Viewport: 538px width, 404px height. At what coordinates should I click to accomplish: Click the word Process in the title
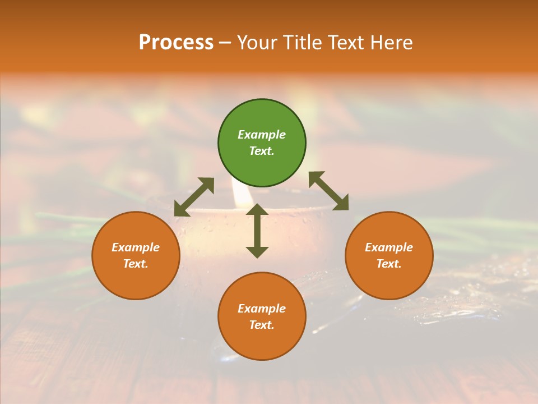pos(176,43)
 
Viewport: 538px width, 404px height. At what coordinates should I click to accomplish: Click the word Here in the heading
pos(392,43)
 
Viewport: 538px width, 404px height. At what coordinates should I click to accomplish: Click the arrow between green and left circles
pos(194,197)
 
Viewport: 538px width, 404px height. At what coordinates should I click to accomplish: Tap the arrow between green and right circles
pos(328,191)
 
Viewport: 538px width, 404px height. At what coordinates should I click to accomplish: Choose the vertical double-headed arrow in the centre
pos(257,231)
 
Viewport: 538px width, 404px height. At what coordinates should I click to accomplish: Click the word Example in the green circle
pos(262,135)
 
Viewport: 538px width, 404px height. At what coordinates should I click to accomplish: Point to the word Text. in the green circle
pos(262,151)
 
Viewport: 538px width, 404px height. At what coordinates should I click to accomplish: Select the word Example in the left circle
pos(136,247)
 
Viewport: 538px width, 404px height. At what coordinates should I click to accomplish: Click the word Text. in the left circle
pos(136,264)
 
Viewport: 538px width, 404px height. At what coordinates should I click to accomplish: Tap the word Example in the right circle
pos(389,247)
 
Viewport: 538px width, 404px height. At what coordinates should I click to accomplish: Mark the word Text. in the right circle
pos(389,264)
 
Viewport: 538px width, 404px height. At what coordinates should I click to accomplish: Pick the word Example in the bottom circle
pos(262,309)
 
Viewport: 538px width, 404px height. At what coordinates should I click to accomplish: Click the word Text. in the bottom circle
pos(262,325)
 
